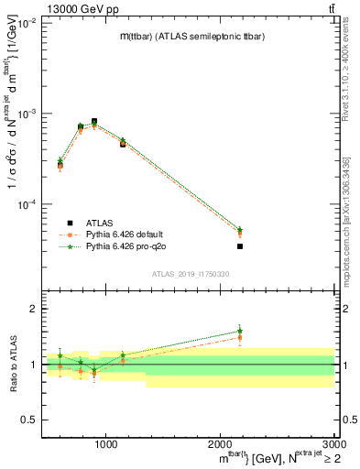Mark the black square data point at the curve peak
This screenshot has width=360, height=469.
[x=94, y=121]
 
